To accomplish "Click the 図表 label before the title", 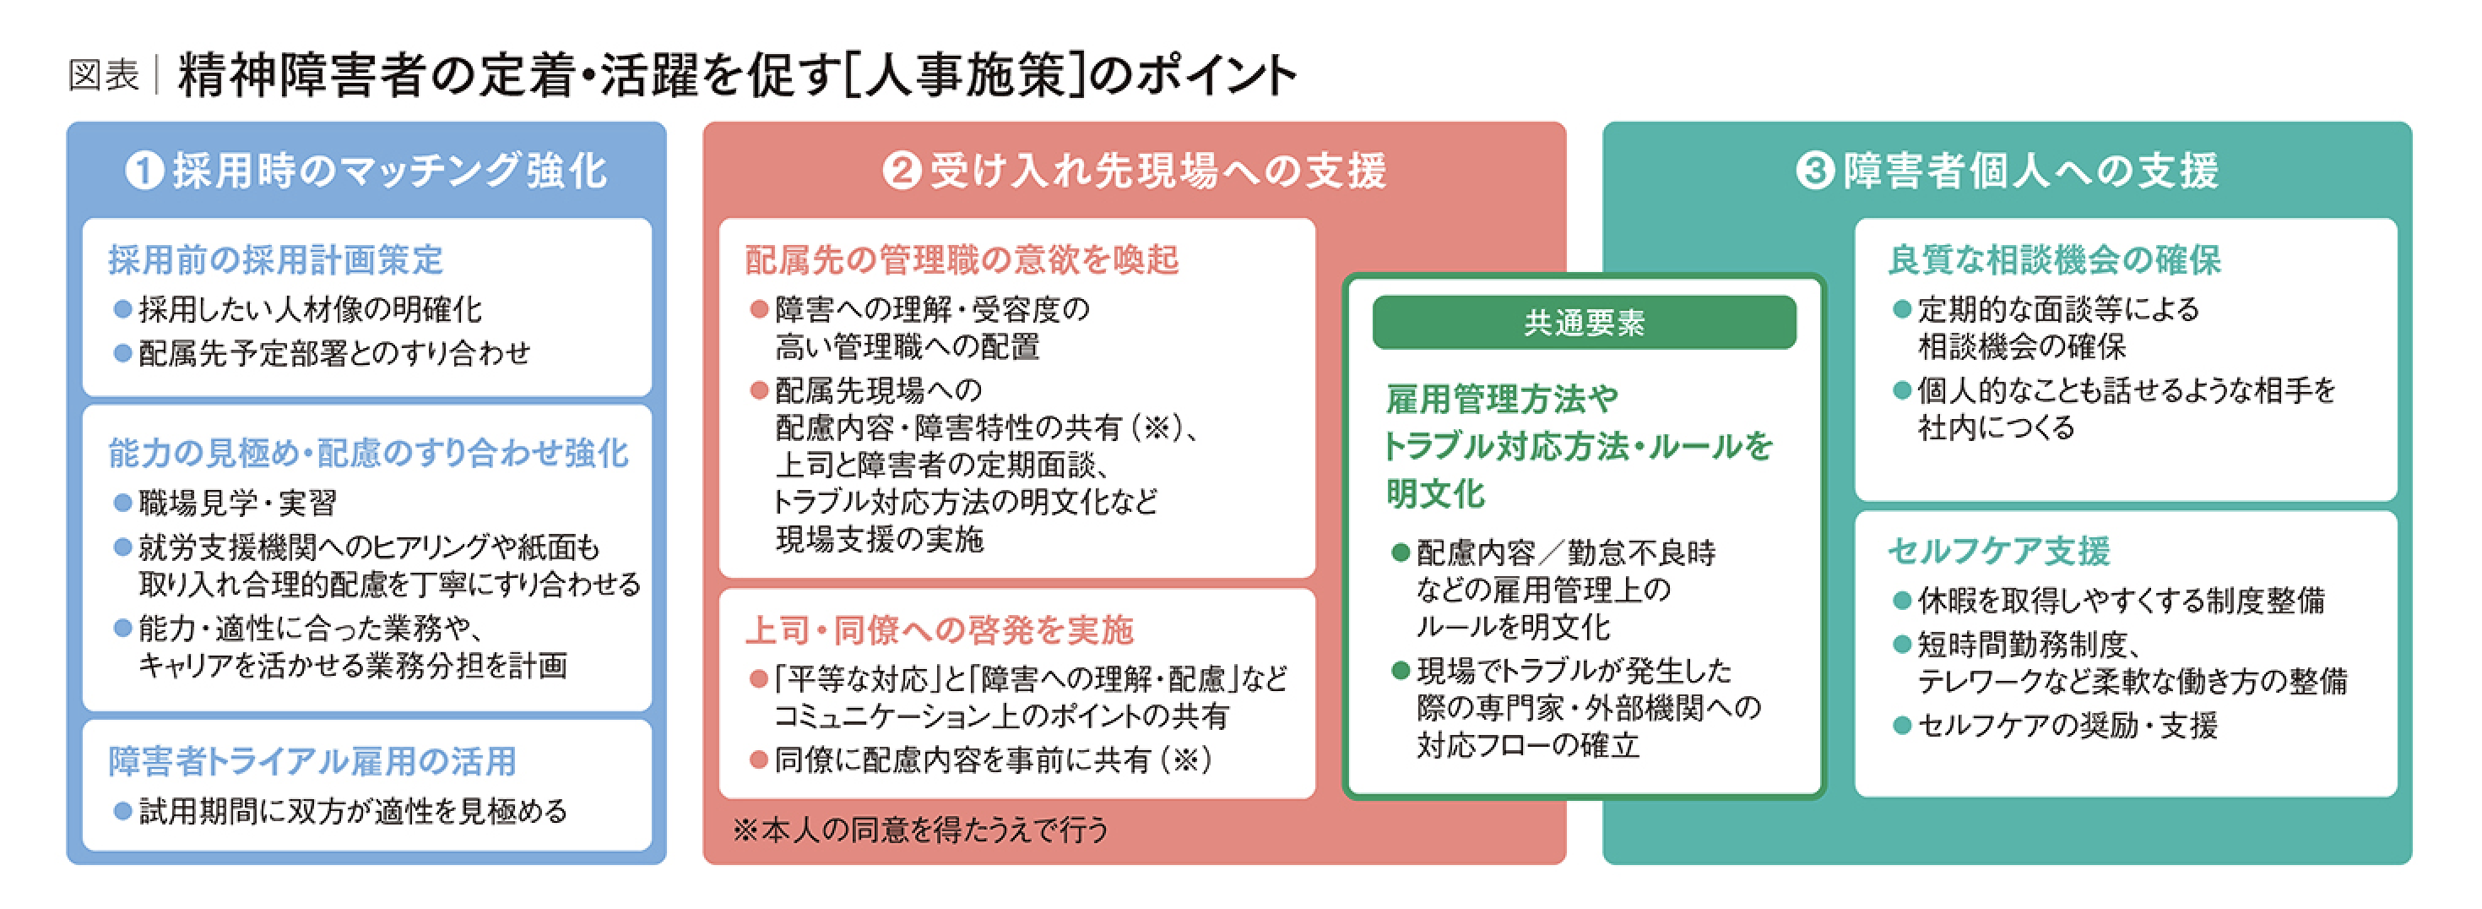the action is tap(104, 75).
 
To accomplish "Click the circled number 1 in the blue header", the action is tap(144, 171).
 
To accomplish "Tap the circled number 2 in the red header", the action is tap(902, 171).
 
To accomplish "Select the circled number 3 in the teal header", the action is tap(1815, 171).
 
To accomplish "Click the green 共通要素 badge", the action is tap(1584, 323).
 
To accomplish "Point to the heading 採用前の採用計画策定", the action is tap(275, 259).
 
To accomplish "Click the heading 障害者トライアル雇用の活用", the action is tap(312, 761).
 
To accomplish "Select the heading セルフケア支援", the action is tap(1999, 551).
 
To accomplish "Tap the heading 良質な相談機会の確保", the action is tap(2054, 259).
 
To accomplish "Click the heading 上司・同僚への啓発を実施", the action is tap(940, 629).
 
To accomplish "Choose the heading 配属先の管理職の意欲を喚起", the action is tap(962, 259).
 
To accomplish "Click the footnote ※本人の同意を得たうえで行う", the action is tap(921, 830).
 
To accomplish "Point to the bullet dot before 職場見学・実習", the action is tap(122, 502).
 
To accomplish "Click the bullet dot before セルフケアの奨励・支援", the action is tap(1902, 725).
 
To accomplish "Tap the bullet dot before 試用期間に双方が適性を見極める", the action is tap(122, 812).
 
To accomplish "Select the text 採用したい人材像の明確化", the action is tap(311, 309).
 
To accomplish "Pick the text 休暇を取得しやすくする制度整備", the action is tap(2122, 601).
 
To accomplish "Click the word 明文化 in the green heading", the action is tap(1436, 494).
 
